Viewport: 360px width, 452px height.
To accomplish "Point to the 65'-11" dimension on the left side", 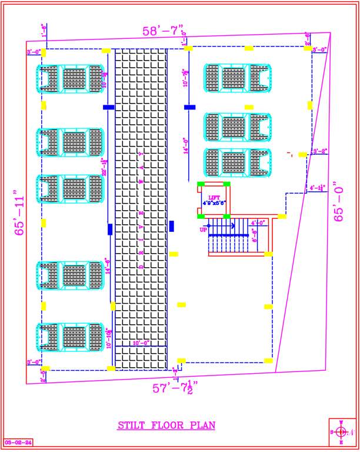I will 21,212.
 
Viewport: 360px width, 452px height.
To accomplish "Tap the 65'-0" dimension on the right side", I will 339,202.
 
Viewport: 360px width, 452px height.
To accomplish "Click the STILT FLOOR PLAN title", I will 166,425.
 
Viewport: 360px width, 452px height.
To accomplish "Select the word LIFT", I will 213,198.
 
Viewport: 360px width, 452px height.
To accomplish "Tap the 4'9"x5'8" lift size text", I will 214,204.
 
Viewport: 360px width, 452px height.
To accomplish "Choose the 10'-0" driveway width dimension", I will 141,343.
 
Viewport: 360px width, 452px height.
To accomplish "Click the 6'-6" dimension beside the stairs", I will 255,236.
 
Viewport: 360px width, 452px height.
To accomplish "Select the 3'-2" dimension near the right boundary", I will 320,151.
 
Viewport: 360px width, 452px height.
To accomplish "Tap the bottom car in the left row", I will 70,338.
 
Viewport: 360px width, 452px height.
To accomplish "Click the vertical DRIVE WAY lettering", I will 141,209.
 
